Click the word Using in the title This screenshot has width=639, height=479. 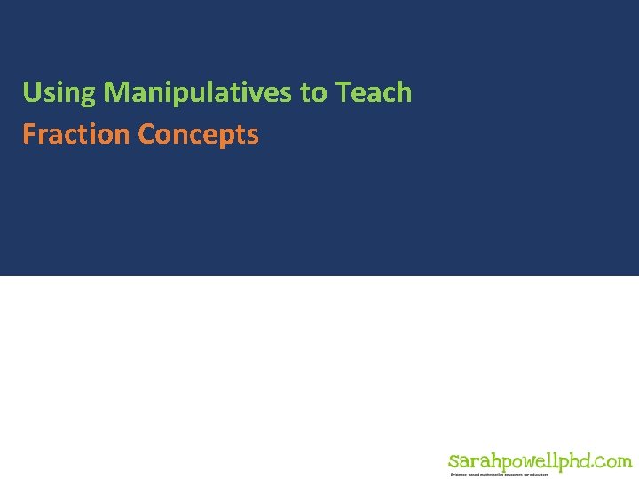tap(59, 92)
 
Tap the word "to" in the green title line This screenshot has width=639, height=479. tap(315, 92)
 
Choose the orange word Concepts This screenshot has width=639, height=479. tap(199, 135)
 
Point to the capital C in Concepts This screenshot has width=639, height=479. tap(146, 135)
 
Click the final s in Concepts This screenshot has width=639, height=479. tap(253, 136)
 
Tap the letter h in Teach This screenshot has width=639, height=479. tap(404, 92)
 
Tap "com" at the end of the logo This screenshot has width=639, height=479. tap(614, 462)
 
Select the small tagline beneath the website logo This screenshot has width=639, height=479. tap(500, 475)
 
